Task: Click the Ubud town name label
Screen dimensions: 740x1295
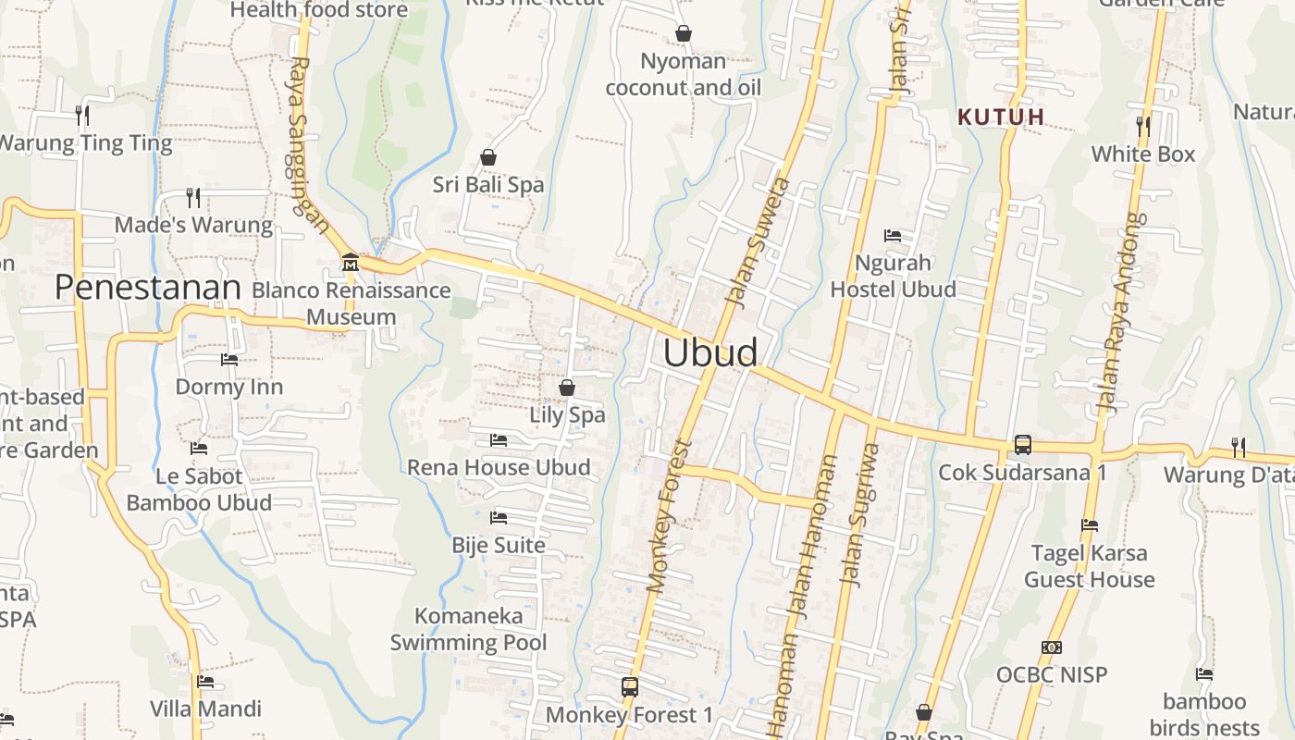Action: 710,353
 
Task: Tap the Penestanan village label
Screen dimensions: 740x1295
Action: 147,288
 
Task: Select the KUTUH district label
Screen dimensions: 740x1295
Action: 1001,117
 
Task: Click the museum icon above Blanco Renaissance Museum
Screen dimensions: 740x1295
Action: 350,263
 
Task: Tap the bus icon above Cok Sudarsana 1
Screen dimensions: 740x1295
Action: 1022,445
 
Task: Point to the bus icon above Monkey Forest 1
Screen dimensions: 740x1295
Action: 630,687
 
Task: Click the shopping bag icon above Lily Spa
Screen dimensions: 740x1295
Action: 566,388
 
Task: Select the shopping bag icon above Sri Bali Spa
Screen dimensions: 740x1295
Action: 487,158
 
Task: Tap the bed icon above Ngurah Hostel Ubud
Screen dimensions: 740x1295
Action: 893,236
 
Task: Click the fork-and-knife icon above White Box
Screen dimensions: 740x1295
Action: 1143,126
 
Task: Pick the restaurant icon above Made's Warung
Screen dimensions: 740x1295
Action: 192,197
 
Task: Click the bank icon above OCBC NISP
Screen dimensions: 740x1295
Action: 1051,647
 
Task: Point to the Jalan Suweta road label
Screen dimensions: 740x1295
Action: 755,242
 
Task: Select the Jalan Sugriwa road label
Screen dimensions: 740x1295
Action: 858,513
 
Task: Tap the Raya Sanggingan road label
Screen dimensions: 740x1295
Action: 308,144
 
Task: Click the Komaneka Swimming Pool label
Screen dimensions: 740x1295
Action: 468,629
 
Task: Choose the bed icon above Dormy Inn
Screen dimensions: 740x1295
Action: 228,359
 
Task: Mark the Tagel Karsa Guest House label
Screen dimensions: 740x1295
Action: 1090,566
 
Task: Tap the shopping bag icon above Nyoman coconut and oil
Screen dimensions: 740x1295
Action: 683,34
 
